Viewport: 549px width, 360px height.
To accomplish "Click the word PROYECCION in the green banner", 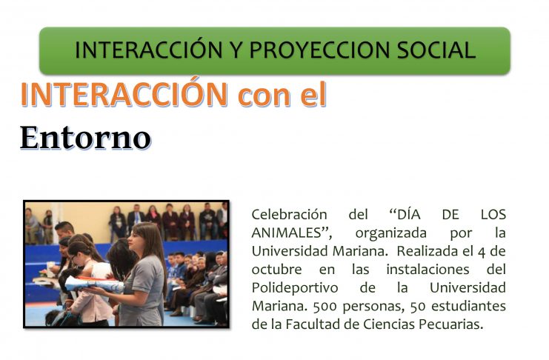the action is [319, 50].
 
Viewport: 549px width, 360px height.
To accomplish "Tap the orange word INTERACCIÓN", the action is [124, 94].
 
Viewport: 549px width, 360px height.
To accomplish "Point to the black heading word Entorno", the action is [85, 138].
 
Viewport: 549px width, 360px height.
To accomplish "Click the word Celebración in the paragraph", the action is [285, 214].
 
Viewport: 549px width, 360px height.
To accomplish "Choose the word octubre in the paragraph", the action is [276, 270].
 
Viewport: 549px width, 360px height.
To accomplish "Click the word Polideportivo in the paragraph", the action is [295, 288].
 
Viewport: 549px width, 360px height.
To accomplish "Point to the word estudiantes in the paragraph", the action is [468, 306].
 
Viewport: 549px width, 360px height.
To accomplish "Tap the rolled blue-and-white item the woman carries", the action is [95, 284].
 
